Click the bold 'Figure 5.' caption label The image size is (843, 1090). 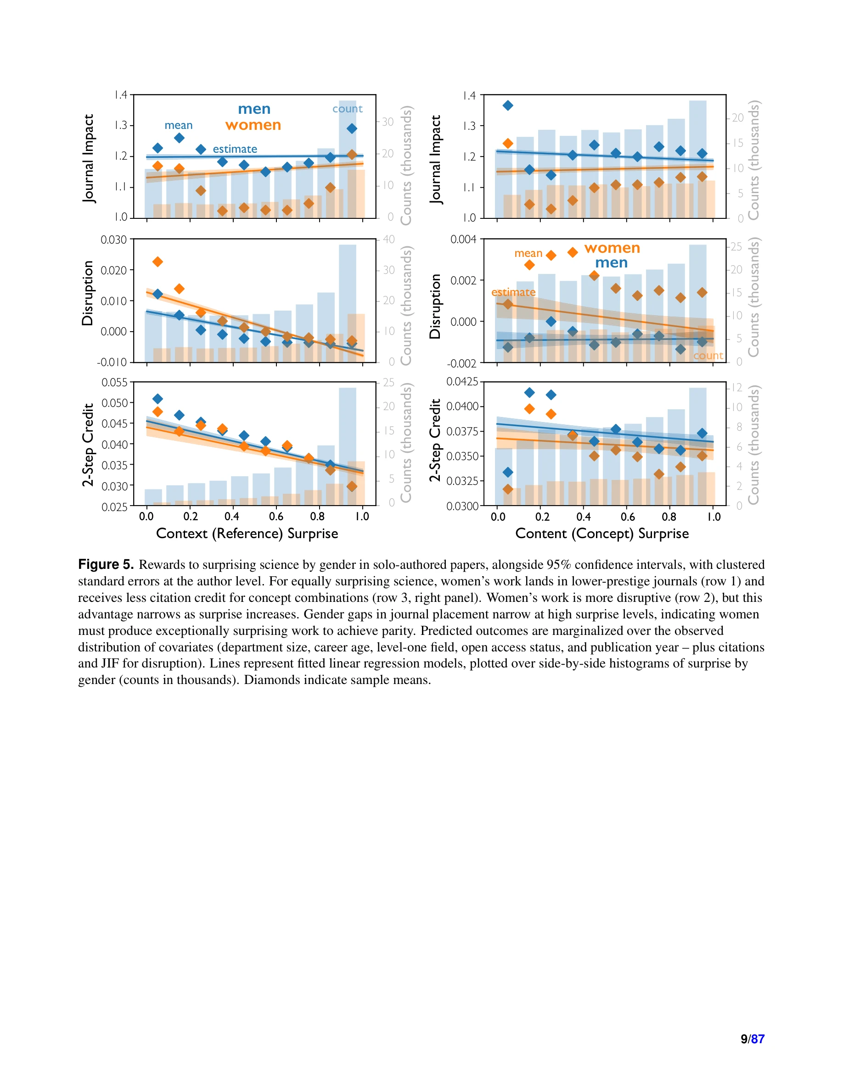click(x=106, y=564)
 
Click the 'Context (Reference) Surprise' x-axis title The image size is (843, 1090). click(x=247, y=534)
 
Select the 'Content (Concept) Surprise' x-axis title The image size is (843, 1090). click(x=602, y=534)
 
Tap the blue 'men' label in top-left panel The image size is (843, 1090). click(x=254, y=109)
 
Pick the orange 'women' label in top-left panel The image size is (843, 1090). click(x=253, y=125)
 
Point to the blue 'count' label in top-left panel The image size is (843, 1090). click(x=348, y=109)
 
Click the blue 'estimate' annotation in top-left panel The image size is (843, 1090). click(x=235, y=149)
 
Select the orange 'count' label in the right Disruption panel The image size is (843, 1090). click(x=708, y=356)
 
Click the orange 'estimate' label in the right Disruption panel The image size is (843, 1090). click(x=513, y=292)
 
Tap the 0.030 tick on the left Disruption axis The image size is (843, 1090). click(x=113, y=239)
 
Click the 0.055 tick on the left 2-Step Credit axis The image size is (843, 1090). click(x=114, y=382)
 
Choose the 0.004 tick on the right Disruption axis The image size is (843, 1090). click(x=463, y=239)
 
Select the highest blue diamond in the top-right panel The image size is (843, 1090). click(x=508, y=106)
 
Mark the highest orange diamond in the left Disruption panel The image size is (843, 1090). click(x=158, y=261)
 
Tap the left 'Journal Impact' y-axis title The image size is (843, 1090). click(x=89, y=158)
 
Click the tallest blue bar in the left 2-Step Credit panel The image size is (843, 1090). click(x=348, y=446)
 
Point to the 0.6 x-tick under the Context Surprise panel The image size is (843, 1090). click(x=276, y=517)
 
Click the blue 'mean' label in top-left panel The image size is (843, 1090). click(x=178, y=125)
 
